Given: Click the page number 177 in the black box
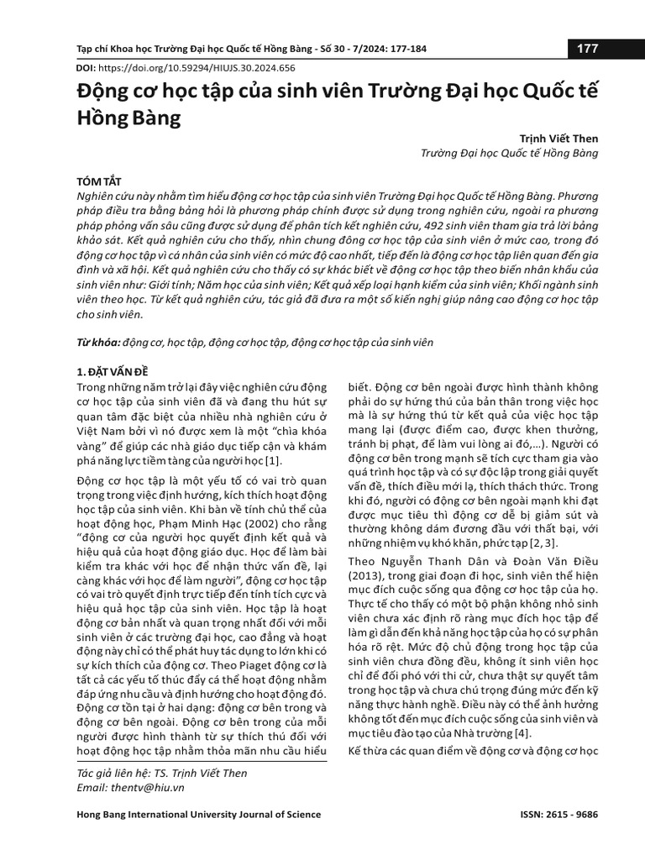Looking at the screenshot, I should [587, 49].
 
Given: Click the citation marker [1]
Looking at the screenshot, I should [273, 460].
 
